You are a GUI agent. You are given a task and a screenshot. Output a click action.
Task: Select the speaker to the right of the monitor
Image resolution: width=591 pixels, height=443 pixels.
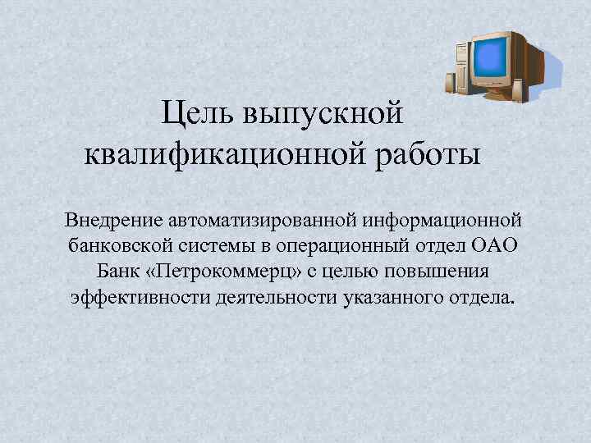(519, 88)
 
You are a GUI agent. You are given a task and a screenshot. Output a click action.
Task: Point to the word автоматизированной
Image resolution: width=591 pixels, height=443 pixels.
(259, 220)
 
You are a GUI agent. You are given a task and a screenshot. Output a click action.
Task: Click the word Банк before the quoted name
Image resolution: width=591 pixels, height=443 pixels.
(113, 271)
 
